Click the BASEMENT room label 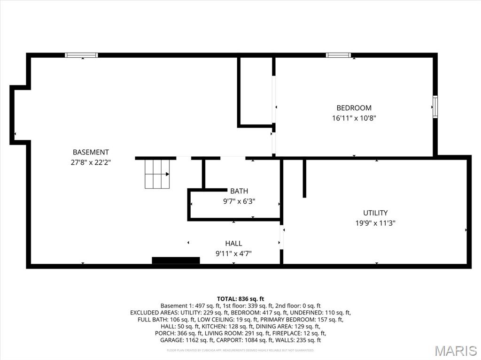(x=91, y=152)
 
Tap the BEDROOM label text (x=354, y=108)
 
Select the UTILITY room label (x=375, y=213)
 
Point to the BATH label (x=239, y=191)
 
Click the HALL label (x=233, y=243)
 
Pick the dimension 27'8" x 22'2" (x=91, y=162)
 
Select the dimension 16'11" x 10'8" (x=354, y=118)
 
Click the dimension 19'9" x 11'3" (x=375, y=223)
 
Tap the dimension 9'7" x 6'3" (x=239, y=201)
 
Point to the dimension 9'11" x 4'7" (x=233, y=253)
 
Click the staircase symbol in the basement (x=157, y=174)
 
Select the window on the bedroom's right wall (x=435, y=107)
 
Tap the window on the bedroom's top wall (x=338, y=55)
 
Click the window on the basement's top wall (x=81, y=55)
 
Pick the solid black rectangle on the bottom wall (x=176, y=260)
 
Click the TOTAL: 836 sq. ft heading (x=240, y=299)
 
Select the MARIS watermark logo (x=455, y=350)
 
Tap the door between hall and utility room (x=282, y=237)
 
